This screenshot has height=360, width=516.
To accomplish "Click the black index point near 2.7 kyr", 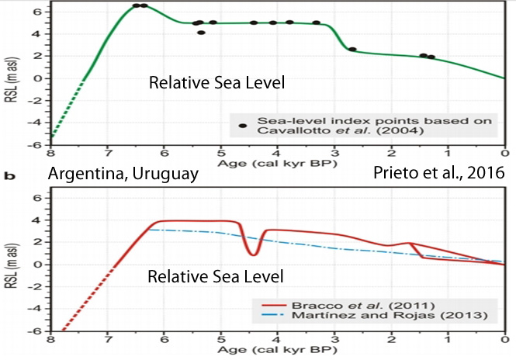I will point(352,50).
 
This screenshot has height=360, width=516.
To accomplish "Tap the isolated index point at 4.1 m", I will point(201,33).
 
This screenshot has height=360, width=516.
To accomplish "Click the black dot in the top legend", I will point(244,126).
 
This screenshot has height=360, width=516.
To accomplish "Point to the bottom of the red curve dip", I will point(253,254).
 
